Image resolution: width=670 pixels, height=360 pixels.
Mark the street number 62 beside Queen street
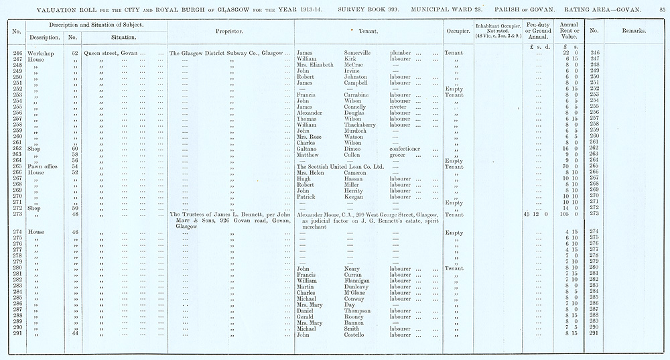pyautogui.click(x=76, y=52)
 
